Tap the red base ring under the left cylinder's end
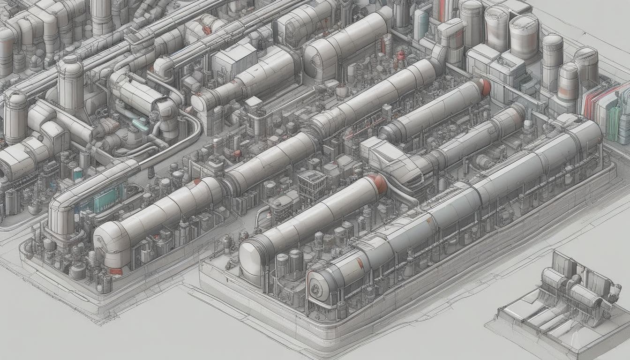point(115,271)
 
